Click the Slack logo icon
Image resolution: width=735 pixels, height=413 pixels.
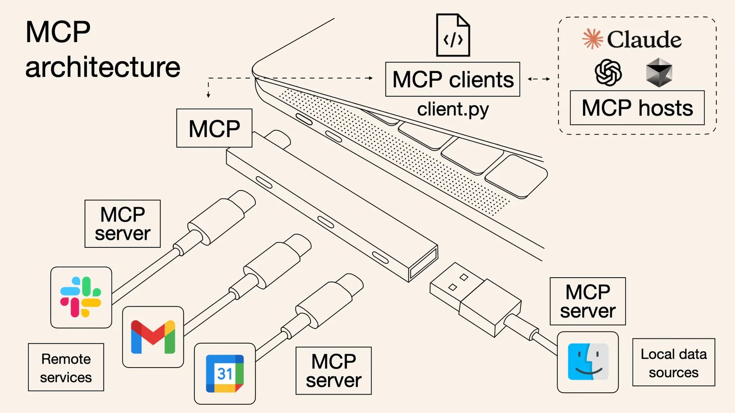[x=81, y=297]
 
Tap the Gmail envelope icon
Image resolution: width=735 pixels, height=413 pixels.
[x=153, y=337]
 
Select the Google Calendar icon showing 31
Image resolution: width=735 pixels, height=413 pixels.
[x=225, y=374]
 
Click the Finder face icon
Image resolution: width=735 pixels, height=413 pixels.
[x=588, y=362]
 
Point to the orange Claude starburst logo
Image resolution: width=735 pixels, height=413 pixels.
[x=593, y=39]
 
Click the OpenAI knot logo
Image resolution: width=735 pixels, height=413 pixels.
[x=608, y=73]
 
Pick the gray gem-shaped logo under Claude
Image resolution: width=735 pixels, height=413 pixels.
[x=659, y=73]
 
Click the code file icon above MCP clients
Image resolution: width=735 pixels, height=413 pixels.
[x=453, y=36]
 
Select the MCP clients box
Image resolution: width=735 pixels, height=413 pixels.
[x=452, y=79]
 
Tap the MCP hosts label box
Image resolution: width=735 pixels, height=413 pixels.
[x=637, y=108]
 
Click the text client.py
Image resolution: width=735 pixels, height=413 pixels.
[x=453, y=110]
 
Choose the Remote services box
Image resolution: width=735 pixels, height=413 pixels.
[x=66, y=368]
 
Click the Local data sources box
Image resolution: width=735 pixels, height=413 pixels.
[x=673, y=363]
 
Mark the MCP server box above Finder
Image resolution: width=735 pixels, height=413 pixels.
[x=588, y=301]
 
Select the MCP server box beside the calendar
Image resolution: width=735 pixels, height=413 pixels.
[x=334, y=371]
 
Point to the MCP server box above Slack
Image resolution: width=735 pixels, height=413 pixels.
[x=123, y=224]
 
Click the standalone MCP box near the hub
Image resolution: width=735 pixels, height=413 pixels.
[x=214, y=128]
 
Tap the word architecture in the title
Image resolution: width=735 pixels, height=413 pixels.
[x=103, y=67]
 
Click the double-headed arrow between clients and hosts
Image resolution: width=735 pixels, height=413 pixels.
[x=539, y=79]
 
